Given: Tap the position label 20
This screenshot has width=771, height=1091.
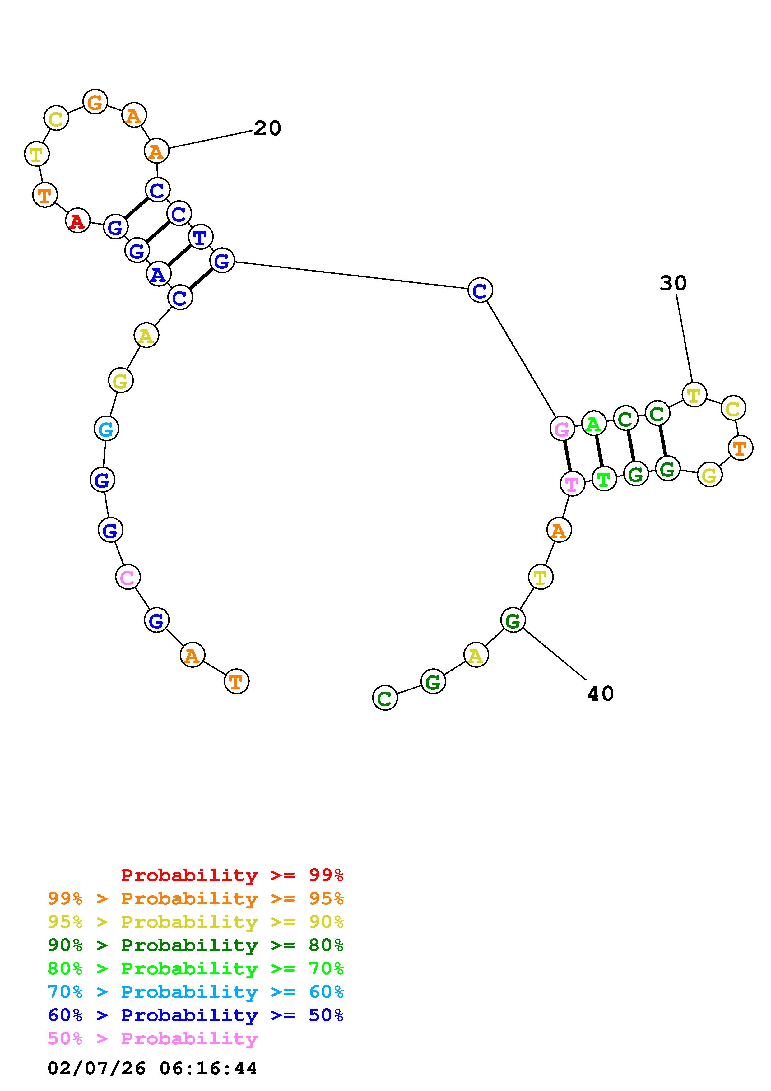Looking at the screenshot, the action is pos(267,128).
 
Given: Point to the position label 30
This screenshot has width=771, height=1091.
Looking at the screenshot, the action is pos(673,283).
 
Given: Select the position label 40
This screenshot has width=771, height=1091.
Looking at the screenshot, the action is pos(601,694).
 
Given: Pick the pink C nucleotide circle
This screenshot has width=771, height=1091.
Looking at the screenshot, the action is pos(127,577).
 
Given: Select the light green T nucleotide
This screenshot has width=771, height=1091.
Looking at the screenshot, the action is pos(604,479).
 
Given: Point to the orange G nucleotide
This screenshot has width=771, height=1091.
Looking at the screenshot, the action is pos(95,102).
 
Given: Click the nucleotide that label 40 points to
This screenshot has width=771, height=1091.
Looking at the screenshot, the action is pos(513,620).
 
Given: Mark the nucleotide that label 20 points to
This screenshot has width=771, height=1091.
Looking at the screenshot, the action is pos(156,151).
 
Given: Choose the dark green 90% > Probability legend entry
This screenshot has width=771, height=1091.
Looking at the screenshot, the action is pos(196,945).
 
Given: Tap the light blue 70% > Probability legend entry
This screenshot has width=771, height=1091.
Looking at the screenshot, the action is pos(196,992).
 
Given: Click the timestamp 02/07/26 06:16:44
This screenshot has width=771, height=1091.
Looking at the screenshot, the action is pos(152,1068).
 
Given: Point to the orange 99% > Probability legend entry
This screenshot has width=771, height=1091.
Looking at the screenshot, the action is pos(196,898).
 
